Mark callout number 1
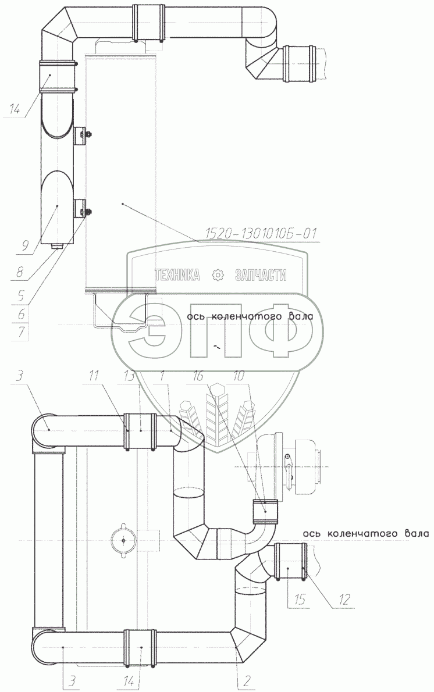(x=162, y=376)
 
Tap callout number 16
(x=199, y=376)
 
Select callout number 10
(x=239, y=376)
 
